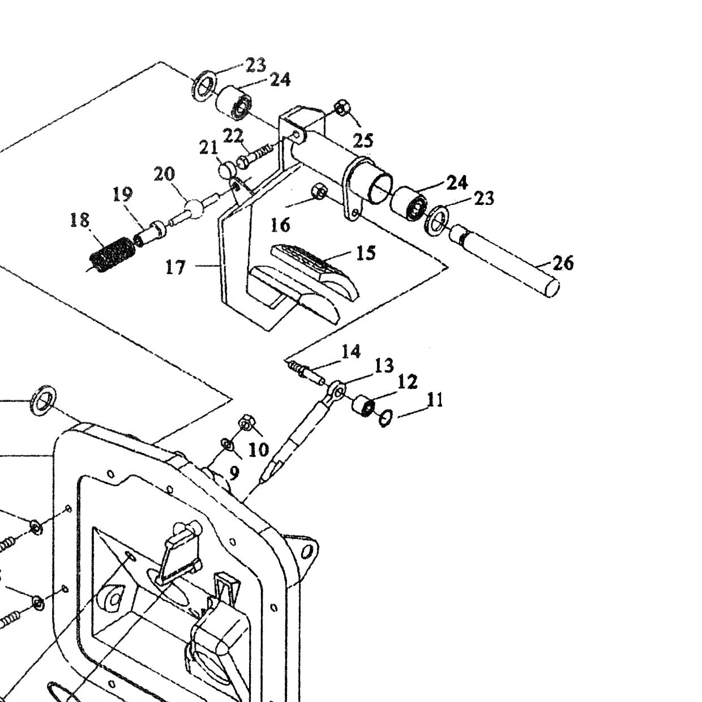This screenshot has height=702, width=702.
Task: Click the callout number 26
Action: click(563, 263)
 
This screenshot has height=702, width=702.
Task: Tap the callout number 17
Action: click(176, 268)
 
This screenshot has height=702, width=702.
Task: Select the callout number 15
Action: click(366, 252)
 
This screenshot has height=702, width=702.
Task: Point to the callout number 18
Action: click(80, 220)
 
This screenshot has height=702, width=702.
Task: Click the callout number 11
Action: click(435, 400)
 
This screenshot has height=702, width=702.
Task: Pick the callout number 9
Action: click(234, 473)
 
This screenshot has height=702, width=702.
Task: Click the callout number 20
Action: click(164, 174)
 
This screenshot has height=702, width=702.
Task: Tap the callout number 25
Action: click(363, 140)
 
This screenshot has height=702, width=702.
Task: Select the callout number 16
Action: click(280, 225)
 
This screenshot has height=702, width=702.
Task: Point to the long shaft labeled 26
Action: click(504, 260)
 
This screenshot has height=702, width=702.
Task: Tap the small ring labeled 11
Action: click(386, 418)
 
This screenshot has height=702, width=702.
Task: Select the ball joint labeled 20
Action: click(193, 209)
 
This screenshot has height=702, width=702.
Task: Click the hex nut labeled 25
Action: click(343, 108)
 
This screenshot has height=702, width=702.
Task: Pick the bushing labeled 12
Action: click(363, 405)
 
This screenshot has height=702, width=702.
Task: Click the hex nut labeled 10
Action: click(247, 422)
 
